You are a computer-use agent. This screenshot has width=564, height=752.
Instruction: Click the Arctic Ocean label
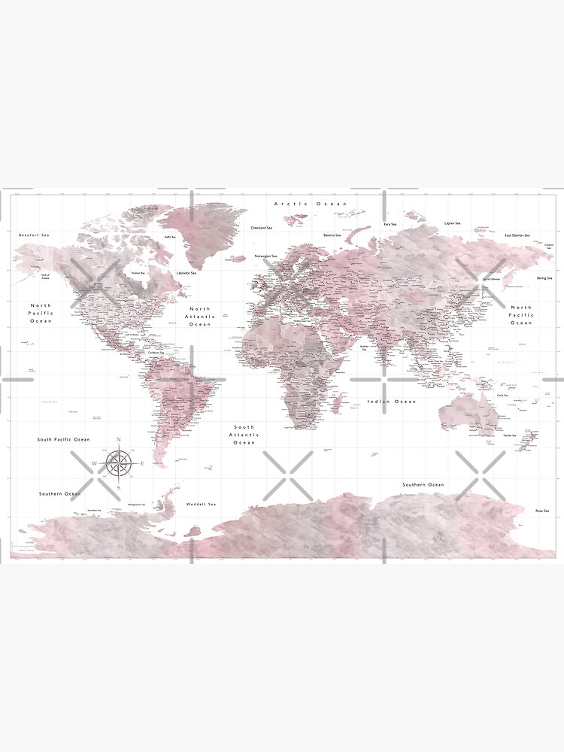tap(311, 204)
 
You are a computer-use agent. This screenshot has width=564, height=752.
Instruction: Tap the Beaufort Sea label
tap(34, 235)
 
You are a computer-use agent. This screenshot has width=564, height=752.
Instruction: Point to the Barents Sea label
tap(332, 235)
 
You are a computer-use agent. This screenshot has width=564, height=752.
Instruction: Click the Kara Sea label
tap(390, 223)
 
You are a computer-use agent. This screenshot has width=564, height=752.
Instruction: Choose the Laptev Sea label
tap(451, 223)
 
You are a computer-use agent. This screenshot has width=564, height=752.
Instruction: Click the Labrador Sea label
tap(186, 273)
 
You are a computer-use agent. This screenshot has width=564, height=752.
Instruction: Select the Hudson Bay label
tap(138, 272)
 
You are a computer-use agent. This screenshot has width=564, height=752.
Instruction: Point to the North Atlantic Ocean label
tap(200, 317)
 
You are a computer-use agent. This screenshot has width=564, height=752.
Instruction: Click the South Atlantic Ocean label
tap(244, 435)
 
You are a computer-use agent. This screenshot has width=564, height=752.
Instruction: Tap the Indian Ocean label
tap(391, 402)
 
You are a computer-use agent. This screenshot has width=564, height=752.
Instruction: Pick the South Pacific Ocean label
tap(64, 439)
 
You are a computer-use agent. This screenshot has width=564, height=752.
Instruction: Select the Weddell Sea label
tap(202, 504)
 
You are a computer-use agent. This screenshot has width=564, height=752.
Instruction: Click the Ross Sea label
tap(542, 511)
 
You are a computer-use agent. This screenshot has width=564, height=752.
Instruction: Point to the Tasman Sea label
tap(510, 435)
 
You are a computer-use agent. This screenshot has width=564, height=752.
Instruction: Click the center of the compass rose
tap(118, 463)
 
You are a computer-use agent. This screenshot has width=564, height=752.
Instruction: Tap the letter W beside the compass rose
tap(94, 463)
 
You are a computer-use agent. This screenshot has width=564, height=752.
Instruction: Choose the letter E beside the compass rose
tap(142, 463)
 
